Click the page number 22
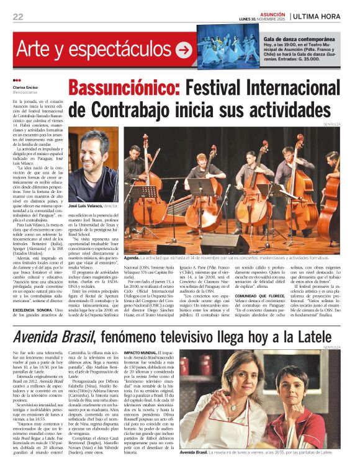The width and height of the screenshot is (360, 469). pos(18,16)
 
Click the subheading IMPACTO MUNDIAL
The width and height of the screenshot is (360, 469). pos(142,352)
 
